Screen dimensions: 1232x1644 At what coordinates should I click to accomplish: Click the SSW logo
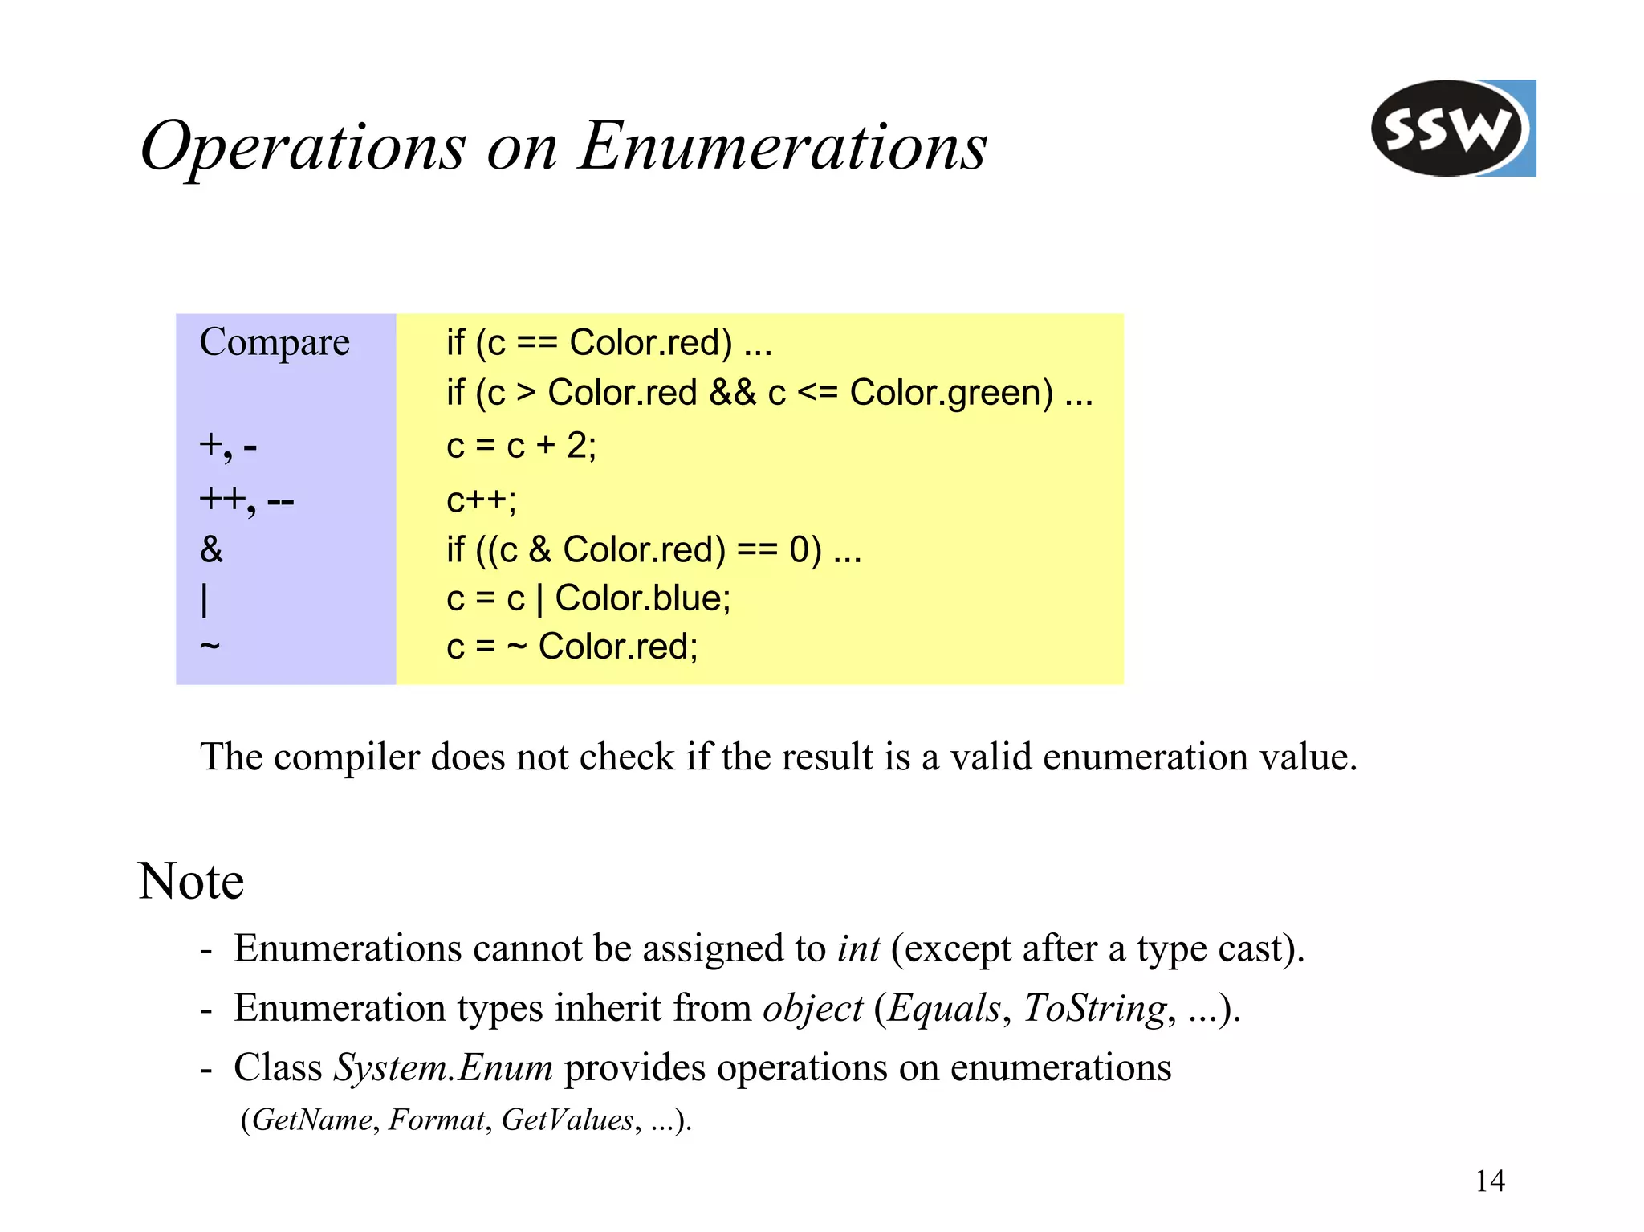(x=1452, y=129)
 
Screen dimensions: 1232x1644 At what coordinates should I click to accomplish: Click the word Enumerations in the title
(x=783, y=147)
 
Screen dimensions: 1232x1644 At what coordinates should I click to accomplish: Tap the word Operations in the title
(x=303, y=147)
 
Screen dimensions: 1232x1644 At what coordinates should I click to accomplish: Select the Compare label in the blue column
(x=275, y=343)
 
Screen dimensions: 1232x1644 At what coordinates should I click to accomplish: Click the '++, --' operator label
(x=246, y=500)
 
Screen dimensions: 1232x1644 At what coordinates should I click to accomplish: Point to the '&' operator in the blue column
(x=211, y=550)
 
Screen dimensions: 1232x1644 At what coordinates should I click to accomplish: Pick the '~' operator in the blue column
(x=210, y=645)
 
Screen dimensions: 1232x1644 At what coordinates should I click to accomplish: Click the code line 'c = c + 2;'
(x=521, y=445)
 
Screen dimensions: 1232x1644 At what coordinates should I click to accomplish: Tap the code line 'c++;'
(x=482, y=500)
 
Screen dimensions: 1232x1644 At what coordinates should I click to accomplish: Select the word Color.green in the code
(x=951, y=394)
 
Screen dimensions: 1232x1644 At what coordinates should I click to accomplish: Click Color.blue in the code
(x=642, y=598)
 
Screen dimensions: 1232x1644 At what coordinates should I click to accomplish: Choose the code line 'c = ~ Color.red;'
(x=572, y=647)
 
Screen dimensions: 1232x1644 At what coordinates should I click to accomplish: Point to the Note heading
(x=191, y=881)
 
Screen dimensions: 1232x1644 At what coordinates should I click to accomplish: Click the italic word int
(x=858, y=948)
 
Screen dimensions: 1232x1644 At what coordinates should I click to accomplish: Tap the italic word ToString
(x=1095, y=1009)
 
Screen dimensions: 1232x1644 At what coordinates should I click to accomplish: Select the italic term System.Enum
(x=443, y=1068)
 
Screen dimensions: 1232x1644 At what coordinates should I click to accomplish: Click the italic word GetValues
(x=568, y=1120)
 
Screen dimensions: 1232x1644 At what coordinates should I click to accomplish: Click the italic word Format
(x=437, y=1120)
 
